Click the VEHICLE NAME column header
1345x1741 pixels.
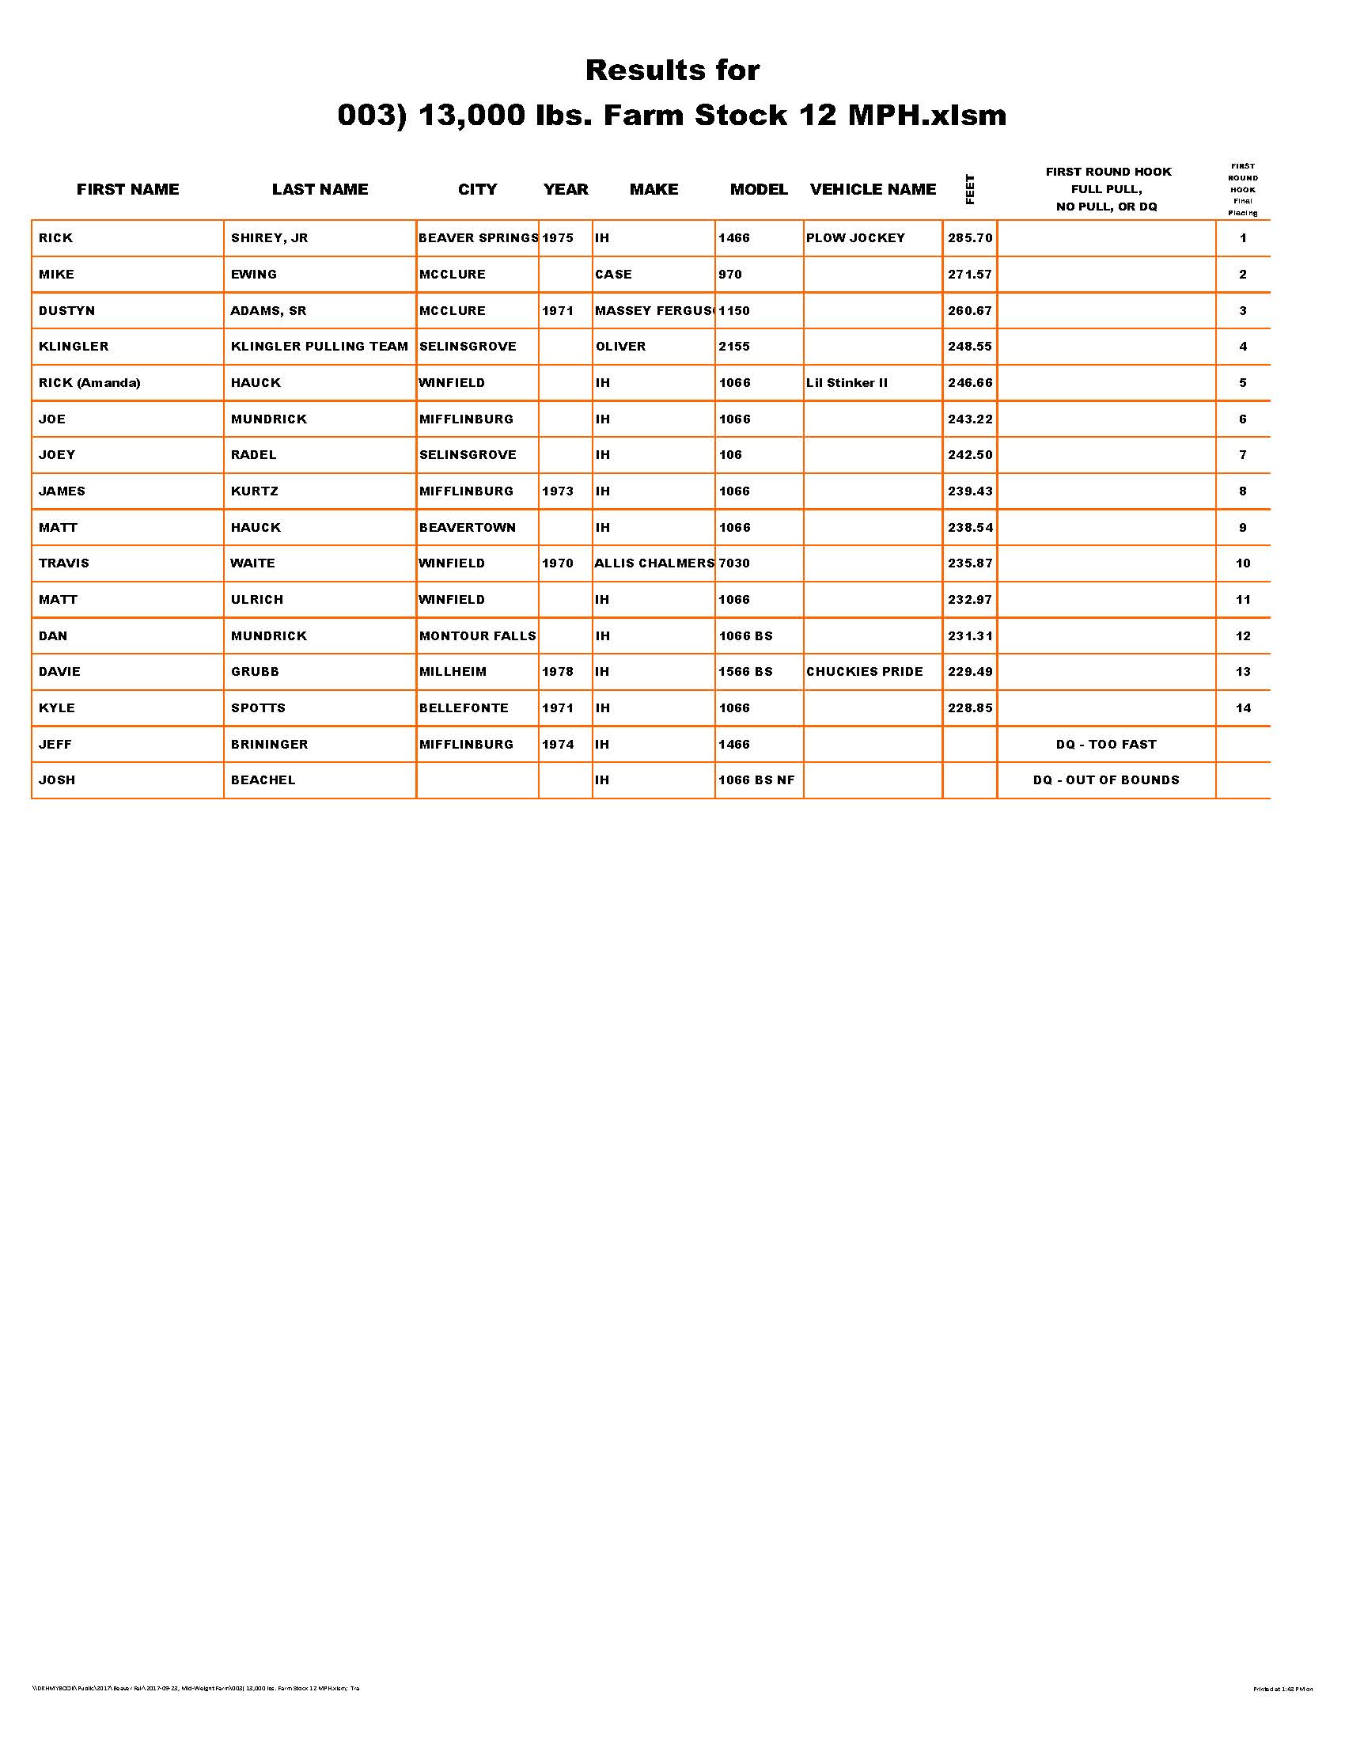point(873,190)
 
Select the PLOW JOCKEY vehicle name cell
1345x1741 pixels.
point(855,238)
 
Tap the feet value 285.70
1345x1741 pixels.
point(970,238)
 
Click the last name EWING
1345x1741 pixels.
point(253,275)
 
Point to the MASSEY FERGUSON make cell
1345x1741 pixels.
point(654,311)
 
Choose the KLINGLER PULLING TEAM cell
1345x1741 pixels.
point(319,347)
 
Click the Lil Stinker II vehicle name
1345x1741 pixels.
point(847,383)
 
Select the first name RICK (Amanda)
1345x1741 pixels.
point(89,383)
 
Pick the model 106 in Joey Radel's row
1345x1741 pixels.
point(730,455)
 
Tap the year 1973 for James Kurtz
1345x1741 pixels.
point(558,491)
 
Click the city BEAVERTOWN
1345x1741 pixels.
point(467,528)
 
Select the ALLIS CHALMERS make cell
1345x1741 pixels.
point(654,563)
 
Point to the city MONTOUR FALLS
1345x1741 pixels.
point(477,636)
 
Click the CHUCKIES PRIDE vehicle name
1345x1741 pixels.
point(865,672)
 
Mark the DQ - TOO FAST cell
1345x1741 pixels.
point(1106,745)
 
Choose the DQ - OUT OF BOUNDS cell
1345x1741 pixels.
point(1106,780)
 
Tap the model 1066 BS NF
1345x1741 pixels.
point(756,780)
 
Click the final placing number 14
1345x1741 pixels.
point(1243,708)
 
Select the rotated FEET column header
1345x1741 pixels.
point(970,190)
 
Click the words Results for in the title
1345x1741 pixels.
point(672,70)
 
